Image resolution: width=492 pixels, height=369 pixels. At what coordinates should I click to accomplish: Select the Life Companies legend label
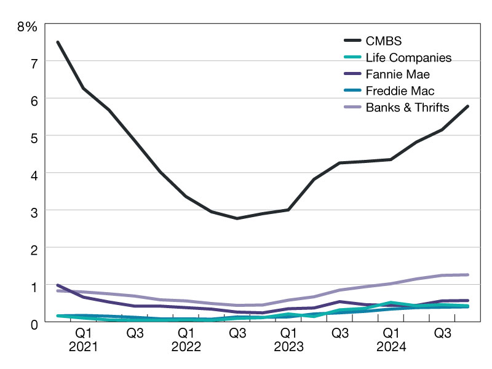click(408, 58)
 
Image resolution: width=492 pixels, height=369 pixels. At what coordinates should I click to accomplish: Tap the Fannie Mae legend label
click(397, 74)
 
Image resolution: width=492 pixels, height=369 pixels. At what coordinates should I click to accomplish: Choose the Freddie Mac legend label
click(400, 91)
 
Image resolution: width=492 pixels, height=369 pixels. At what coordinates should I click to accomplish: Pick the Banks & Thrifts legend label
click(407, 107)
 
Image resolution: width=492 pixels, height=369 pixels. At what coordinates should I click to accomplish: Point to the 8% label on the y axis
click(28, 26)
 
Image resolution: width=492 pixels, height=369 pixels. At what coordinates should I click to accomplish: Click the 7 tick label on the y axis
click(34, 62)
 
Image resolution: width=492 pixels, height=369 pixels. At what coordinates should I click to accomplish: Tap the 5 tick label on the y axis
click(34, 137)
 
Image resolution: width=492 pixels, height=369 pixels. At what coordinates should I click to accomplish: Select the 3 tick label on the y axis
click(34, 211)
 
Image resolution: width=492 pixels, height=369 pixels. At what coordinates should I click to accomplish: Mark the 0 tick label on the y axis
click(34, 323)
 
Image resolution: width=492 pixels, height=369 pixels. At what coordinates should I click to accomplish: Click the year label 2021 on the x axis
click(83, 347)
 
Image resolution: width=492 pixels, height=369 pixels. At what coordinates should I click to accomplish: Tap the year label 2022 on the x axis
click(186, 347)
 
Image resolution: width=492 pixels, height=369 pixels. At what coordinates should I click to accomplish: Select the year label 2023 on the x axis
click(288, 347)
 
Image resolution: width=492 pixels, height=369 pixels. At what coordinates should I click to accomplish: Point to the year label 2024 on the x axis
click(391, 347)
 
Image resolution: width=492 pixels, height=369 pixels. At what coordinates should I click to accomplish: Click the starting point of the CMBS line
click(57, 42)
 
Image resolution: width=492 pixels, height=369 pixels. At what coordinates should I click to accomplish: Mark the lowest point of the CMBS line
click(237, 218)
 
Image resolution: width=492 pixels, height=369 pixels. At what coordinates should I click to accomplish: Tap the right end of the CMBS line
click(468, 106)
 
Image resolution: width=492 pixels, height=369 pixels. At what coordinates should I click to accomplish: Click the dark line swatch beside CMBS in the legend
click(352, 42)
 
